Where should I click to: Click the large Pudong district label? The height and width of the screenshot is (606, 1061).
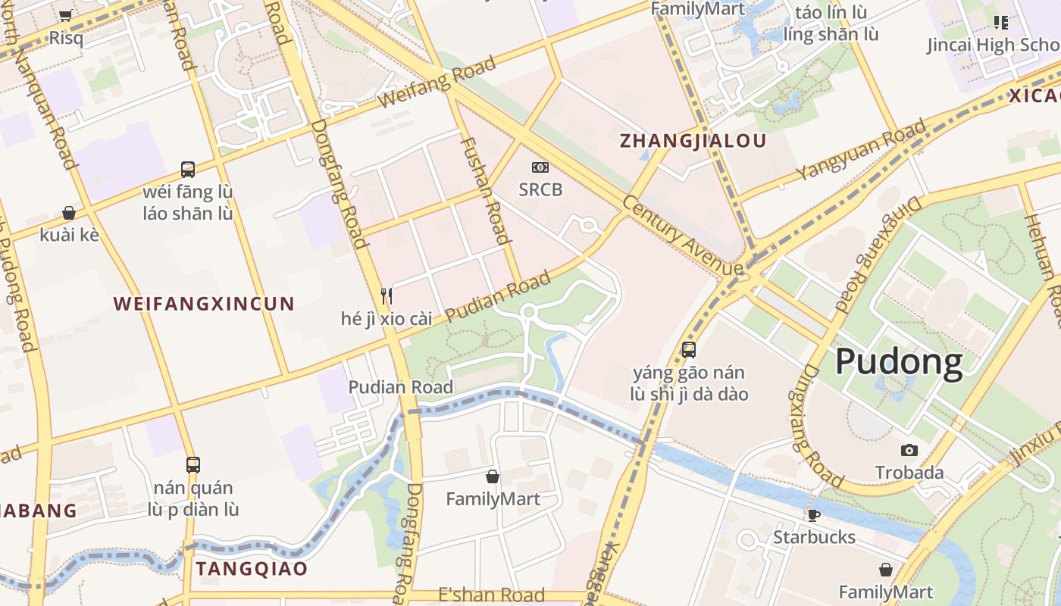(x=899, y=362)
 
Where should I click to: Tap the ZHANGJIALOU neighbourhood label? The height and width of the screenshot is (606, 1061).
(x=693, y=140)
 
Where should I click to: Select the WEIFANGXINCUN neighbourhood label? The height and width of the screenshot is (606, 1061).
(x=203, y=304)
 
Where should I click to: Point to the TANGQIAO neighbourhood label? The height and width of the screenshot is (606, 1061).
(x=252, y=568)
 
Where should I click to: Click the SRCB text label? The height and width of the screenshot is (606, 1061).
(x=540, y=189)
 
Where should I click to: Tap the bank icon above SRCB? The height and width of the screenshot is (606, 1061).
(x=540, y=167)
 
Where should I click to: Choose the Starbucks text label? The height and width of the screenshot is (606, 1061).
(x=814, y=537)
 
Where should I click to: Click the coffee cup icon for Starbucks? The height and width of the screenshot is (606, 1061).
(x=814, y=516)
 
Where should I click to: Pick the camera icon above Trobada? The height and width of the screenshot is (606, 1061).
(x=909, y=450)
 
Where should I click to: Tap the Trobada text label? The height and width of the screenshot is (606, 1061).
(x=909, y=473)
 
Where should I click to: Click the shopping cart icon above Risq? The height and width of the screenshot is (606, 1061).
(x=66, y=15)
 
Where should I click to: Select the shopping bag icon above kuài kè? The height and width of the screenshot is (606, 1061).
(x=69, y=213)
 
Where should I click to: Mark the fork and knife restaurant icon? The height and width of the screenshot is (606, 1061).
(x=386, y=295)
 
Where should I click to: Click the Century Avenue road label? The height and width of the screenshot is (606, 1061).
(x=682, y=236)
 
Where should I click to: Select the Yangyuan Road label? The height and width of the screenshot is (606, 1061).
(x=862, y=150)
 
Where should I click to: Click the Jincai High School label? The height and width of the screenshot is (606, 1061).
(x=993, y=45)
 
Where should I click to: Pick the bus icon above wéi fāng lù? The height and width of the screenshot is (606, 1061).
(x=188, y=169)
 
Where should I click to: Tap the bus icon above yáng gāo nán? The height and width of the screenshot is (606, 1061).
(x=689, y=350)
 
